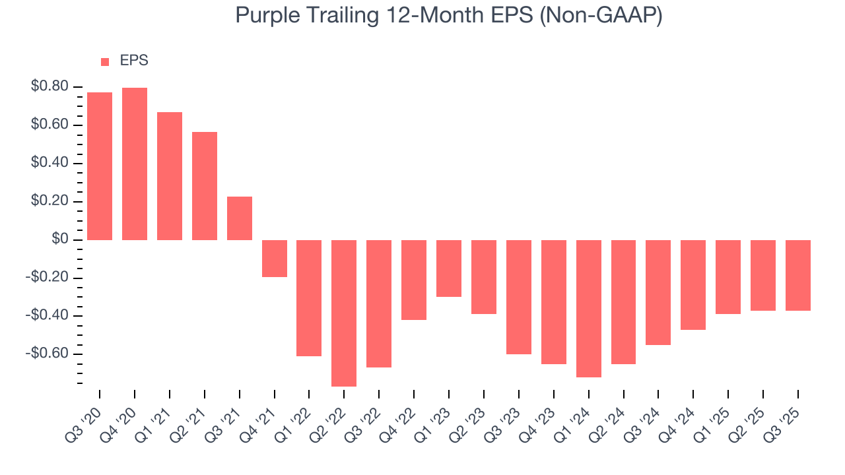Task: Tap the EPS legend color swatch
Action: pyautogui.click(x=105, y=61)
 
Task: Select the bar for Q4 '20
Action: pyautogui.click(x=135, y=164)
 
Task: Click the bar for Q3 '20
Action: pyautogui.click(x=100, y=166)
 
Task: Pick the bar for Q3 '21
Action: pyautogui.click(x=240, y=218)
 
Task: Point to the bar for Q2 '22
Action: pyautogui.click(x=344, y=313)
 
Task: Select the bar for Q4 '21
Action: pyautogui.click(x=275, y=258)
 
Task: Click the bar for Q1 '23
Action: pyautogui.click(x=449, y=268)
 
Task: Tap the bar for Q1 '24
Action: pyautogui.click(x=589, y=308)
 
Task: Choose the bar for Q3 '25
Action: pyautogui.click(x=798, y=275)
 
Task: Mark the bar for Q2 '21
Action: pyautogui.click(x=205, y=186)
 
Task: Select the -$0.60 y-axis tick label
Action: pyautogui.click(x=48, y=354)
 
